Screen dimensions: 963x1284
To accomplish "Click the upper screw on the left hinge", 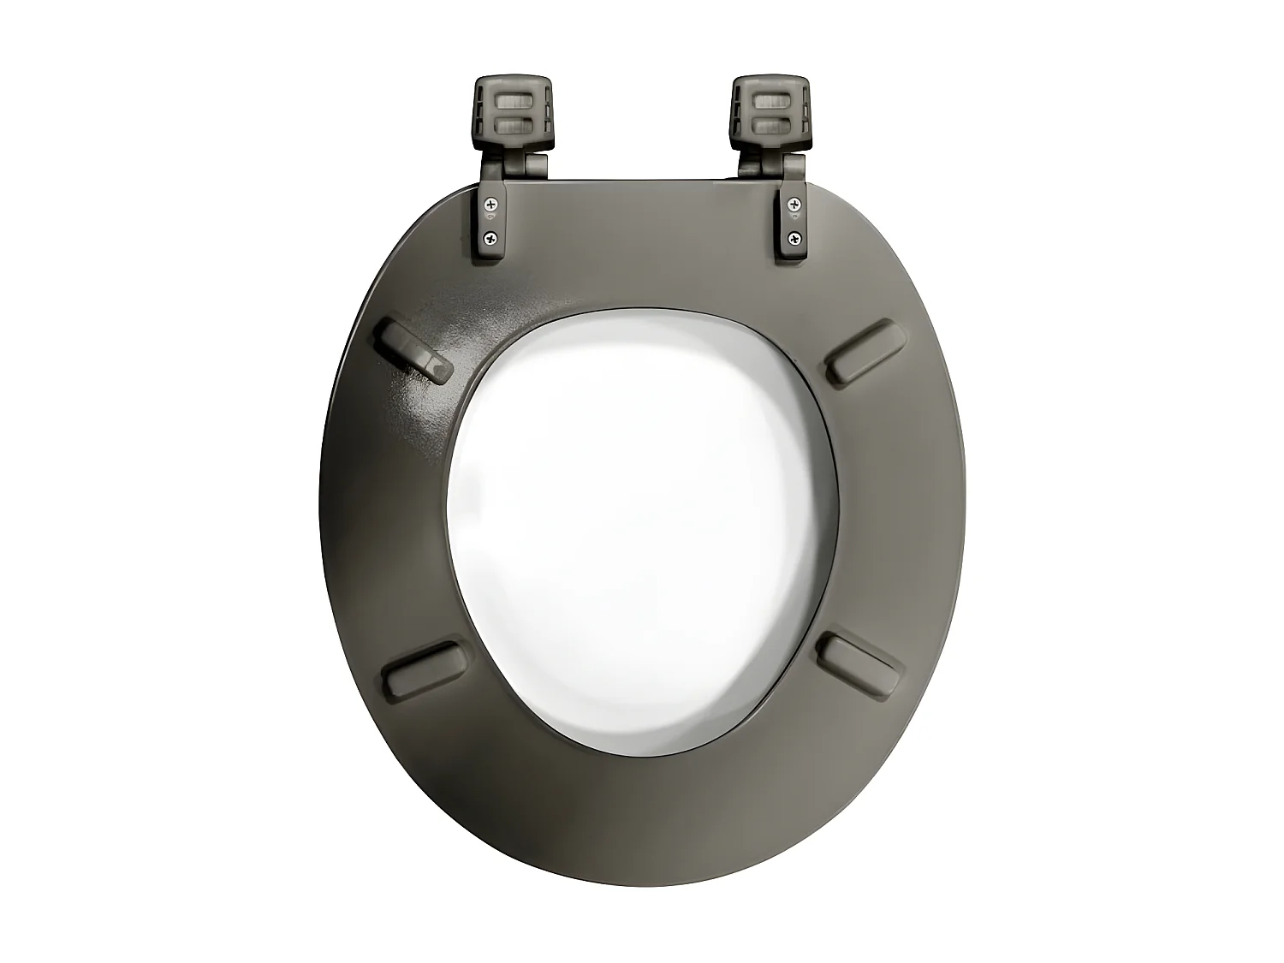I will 490,204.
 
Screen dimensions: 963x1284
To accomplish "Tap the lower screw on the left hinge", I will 490,238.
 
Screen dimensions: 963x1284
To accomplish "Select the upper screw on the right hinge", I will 795,204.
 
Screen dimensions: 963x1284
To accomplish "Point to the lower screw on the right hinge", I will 795,238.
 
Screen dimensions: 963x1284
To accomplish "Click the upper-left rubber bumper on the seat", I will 416,349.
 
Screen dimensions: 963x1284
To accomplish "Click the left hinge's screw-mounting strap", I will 491,221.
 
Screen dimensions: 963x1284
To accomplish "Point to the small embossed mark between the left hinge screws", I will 490,221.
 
